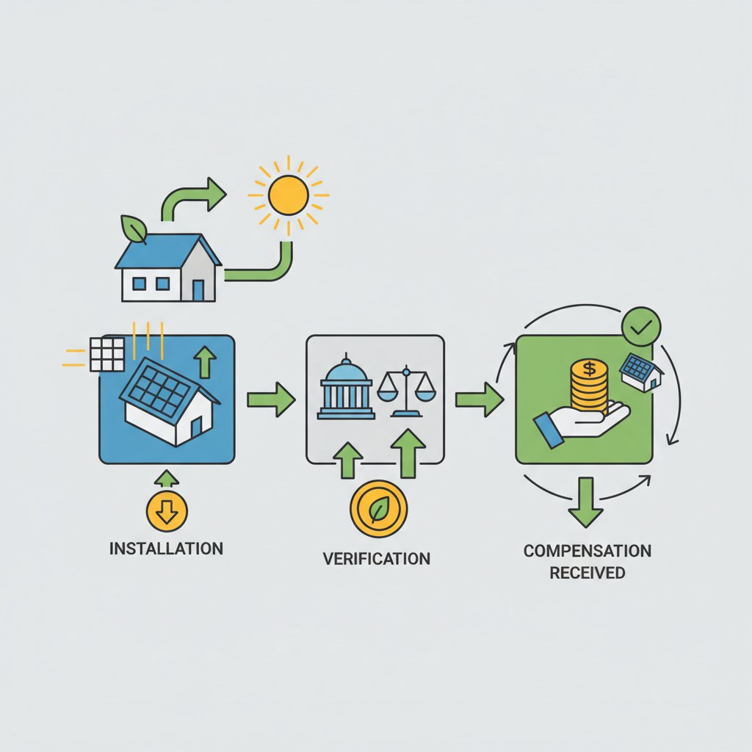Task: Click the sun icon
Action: tap(288, 195)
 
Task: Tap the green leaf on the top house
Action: tap(134, 229)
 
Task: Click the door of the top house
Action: tap(198, 289)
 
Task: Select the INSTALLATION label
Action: tap(165, 549)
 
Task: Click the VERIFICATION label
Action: tap(377, 558)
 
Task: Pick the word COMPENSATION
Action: tap(587, 551)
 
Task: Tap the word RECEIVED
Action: tap(587, 572)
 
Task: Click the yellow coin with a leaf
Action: tap(379, 510)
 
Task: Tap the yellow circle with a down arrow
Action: tap(167, 511)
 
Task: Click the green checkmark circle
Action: tap(641, 328)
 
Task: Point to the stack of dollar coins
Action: tap(588, 384)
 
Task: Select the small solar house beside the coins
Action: tap(640, 372)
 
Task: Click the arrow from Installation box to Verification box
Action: tap(270, 399)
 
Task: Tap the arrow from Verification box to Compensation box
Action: tap(478, 399)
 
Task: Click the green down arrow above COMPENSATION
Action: tap(586, 501)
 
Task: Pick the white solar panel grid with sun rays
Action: tap(107, 353)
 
